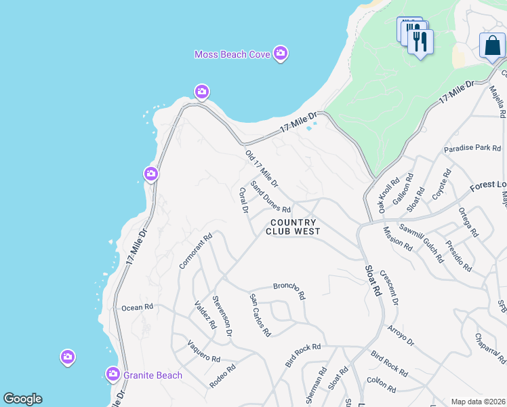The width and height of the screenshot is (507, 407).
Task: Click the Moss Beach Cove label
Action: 232,54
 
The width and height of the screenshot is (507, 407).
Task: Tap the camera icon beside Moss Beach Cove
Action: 281,54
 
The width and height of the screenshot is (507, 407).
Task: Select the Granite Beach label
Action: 153,374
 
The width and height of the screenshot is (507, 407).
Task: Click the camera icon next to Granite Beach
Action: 113,373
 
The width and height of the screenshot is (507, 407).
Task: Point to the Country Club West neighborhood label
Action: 293,227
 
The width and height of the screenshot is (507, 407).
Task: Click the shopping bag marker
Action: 492,45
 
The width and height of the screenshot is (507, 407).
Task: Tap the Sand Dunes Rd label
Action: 270,196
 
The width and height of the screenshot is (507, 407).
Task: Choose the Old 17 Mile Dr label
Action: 262,170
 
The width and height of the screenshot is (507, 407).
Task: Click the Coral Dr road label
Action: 243,201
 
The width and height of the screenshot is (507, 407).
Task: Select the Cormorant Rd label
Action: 196,252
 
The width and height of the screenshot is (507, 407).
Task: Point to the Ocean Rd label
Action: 138,307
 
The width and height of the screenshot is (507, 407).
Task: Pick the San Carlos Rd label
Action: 260,315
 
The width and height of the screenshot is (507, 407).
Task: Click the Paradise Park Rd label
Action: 472,148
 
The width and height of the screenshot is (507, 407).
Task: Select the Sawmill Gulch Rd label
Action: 421,243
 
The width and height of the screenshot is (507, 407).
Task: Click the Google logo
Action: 22,399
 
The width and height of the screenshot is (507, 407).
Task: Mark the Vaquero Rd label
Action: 204,350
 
